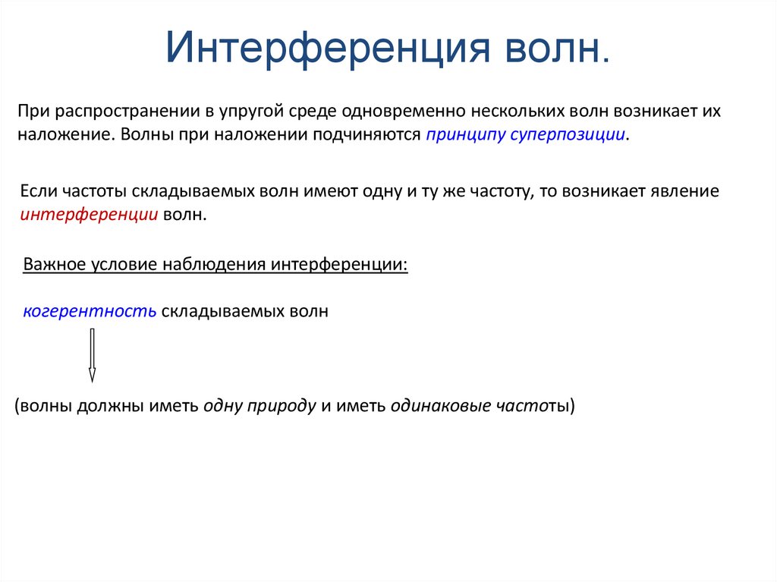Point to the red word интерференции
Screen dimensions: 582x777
tap(89, 215)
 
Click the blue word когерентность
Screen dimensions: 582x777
tap(89, 311)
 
